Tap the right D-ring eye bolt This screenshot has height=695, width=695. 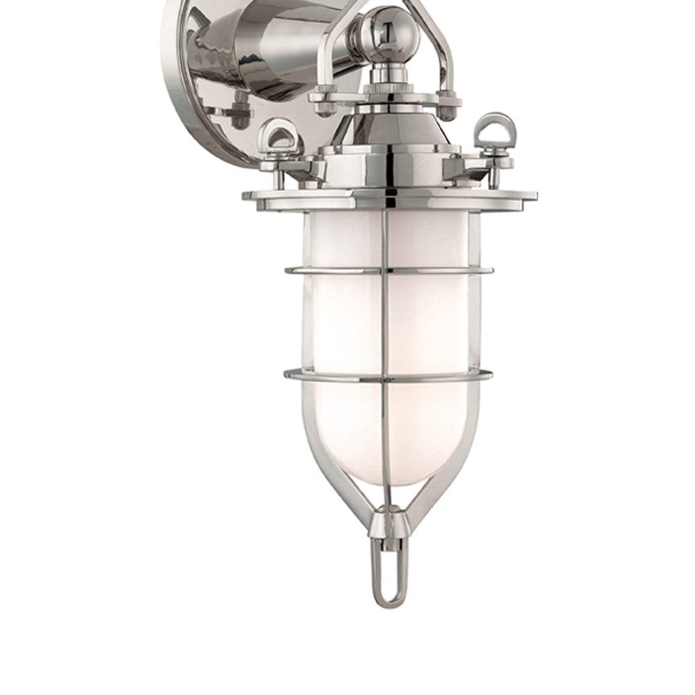click(496, 129)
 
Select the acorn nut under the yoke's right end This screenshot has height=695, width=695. click(450, 103)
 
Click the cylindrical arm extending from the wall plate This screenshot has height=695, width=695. click(278, 49)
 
